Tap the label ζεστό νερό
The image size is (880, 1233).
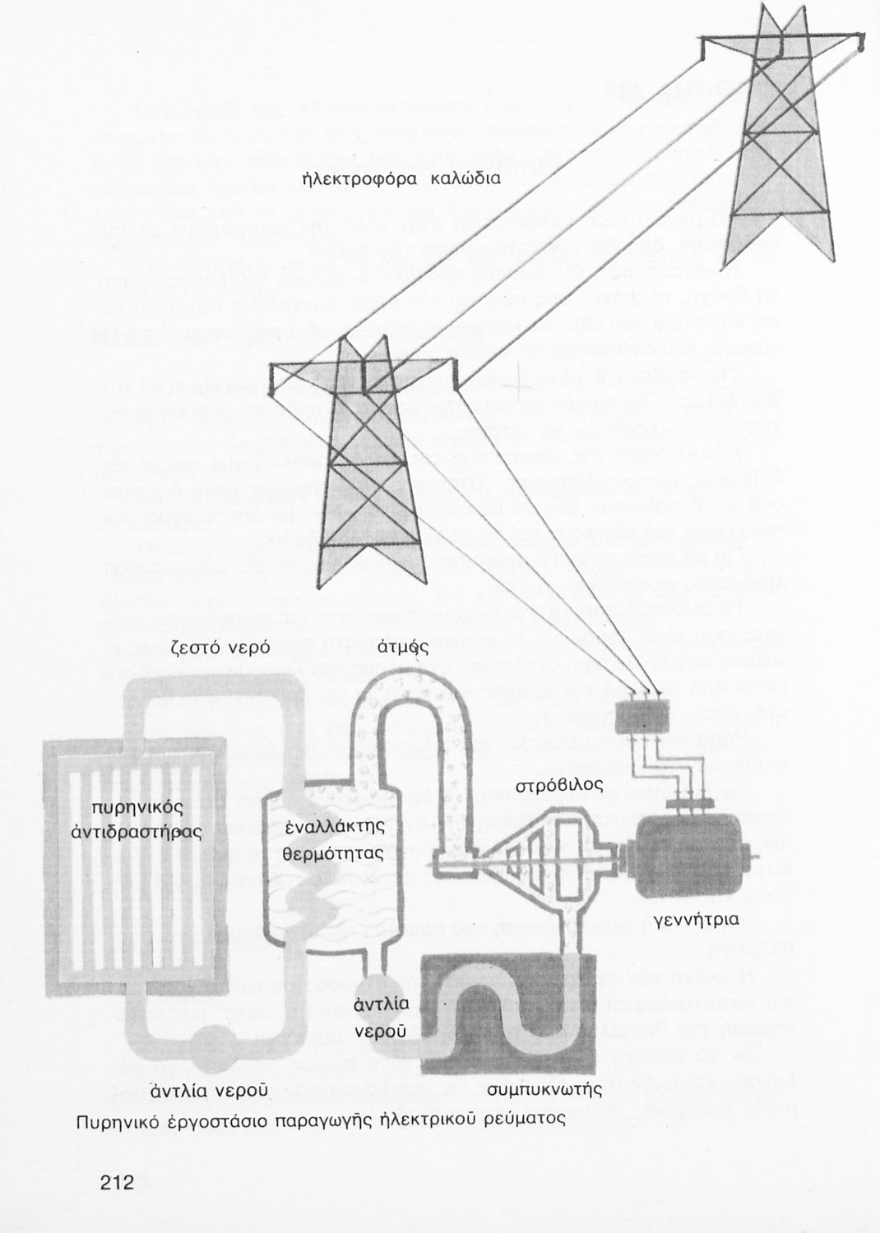click(220, 646)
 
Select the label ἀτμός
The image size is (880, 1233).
click(405, 646)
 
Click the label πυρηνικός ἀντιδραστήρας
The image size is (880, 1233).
click(137, 820)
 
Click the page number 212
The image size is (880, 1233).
click(117, 1184)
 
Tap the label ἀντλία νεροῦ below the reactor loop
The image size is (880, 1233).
click(210, 1090)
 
